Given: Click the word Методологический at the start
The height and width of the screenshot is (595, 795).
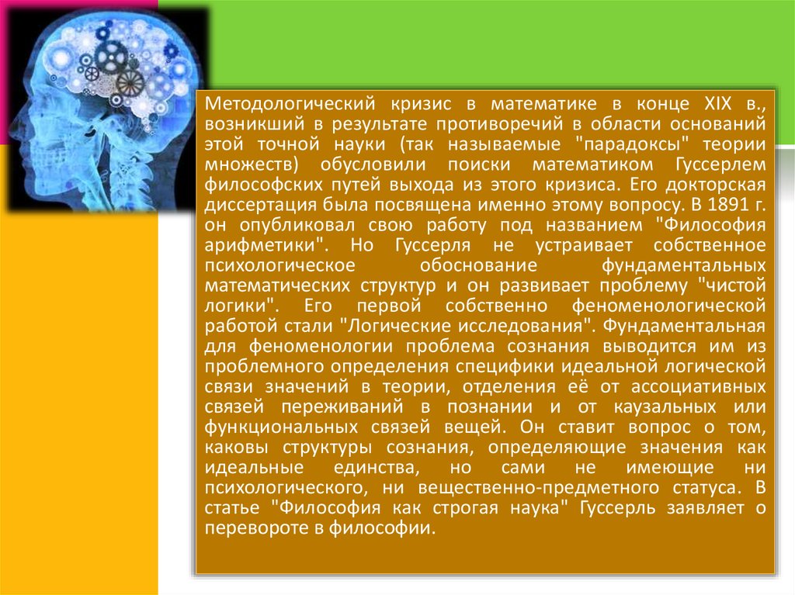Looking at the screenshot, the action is [290, 105].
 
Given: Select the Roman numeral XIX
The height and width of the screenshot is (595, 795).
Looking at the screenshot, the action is [718, 103].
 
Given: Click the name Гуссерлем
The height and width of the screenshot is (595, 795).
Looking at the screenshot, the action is [720, 164].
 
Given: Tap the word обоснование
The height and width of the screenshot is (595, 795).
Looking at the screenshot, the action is [478, 265].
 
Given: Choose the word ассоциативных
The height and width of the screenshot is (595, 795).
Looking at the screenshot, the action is [698, 386].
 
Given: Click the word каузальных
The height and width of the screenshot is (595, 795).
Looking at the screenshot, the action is [665, 407].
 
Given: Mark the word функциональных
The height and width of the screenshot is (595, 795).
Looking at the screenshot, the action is [281, 427].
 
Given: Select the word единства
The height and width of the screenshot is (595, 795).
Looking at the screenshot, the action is [377, 468].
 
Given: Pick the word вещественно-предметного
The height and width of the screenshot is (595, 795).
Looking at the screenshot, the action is [539, 488].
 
